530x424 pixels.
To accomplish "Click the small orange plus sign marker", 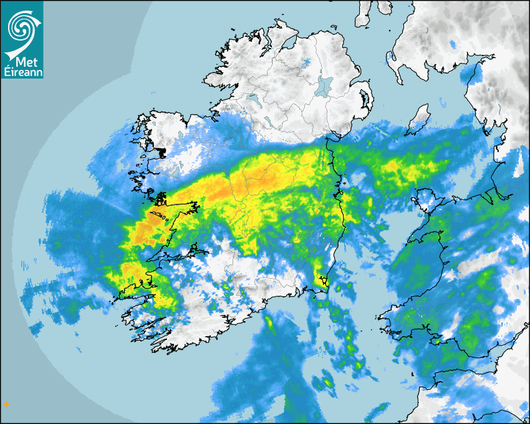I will pyautogui.click(x=6, y=405).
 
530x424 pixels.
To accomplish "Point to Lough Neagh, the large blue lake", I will pyautogui.click(x=324, y=85).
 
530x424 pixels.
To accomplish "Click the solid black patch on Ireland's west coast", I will pyautogui.click(x=161, y=152).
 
